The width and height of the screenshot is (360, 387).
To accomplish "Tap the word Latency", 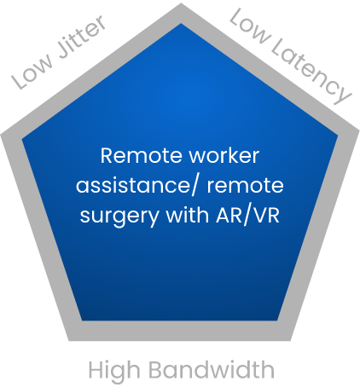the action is pyautogui.click(x=311, y=72).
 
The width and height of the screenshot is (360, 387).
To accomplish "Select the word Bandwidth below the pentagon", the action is pyautogui.click(x=212, y=369).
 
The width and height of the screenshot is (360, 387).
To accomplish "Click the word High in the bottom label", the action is pyautogui.click(x=114, y=371).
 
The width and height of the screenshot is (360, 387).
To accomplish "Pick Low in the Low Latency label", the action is pyautogui.click(x=249, y=26).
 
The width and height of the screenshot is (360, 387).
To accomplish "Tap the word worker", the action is pyautogui.click(x=224, y=156).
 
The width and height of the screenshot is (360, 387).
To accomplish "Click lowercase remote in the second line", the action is pyautogui.click(x=245, y=186).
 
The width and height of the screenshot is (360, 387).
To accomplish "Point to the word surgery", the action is pyautogui.click(x=119, y=217).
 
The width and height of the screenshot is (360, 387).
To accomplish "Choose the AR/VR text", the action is pyautogui.click(x=247, y=216).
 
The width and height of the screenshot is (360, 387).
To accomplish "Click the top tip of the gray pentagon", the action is pyautogui.click(x=181, y=3).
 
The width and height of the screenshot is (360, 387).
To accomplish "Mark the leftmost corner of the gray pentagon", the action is pyautogui.click(x=1, y=135).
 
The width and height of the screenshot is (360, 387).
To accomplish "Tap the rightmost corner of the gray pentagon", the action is pyautogui.click(x=359, y=131).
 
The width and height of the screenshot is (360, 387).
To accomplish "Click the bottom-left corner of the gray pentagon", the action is pyautogui.click(x=69, y=340).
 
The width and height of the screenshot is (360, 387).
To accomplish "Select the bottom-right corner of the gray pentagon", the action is pyautogui.click(x=290, y=340).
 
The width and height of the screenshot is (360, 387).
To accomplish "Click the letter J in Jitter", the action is pyautogui.click(x=65, y=52).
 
